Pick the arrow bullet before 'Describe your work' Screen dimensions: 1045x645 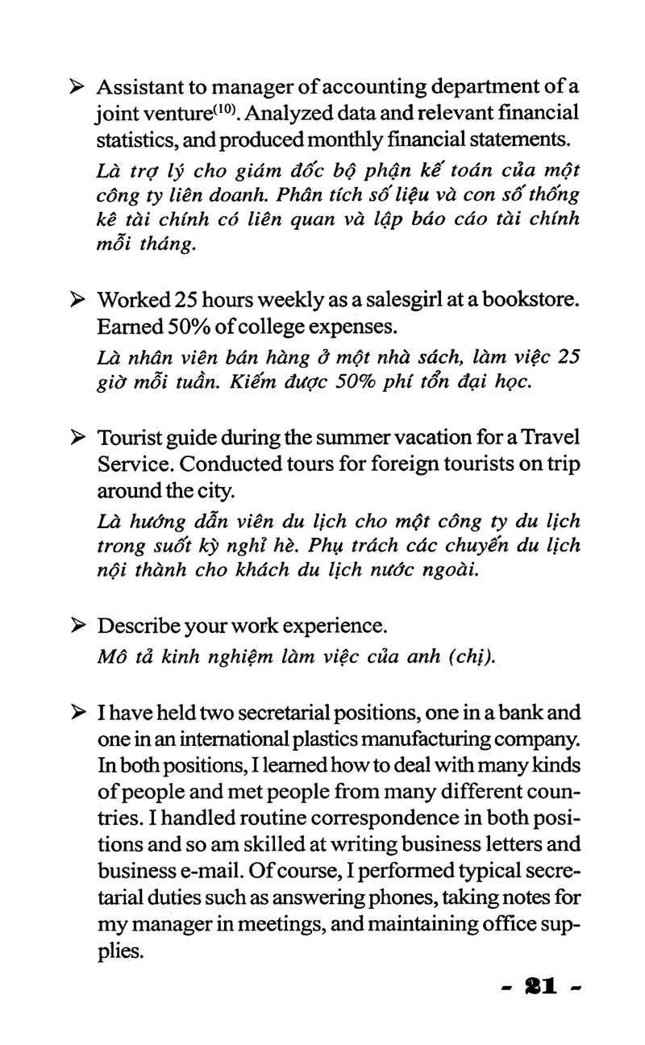pos(78,626)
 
